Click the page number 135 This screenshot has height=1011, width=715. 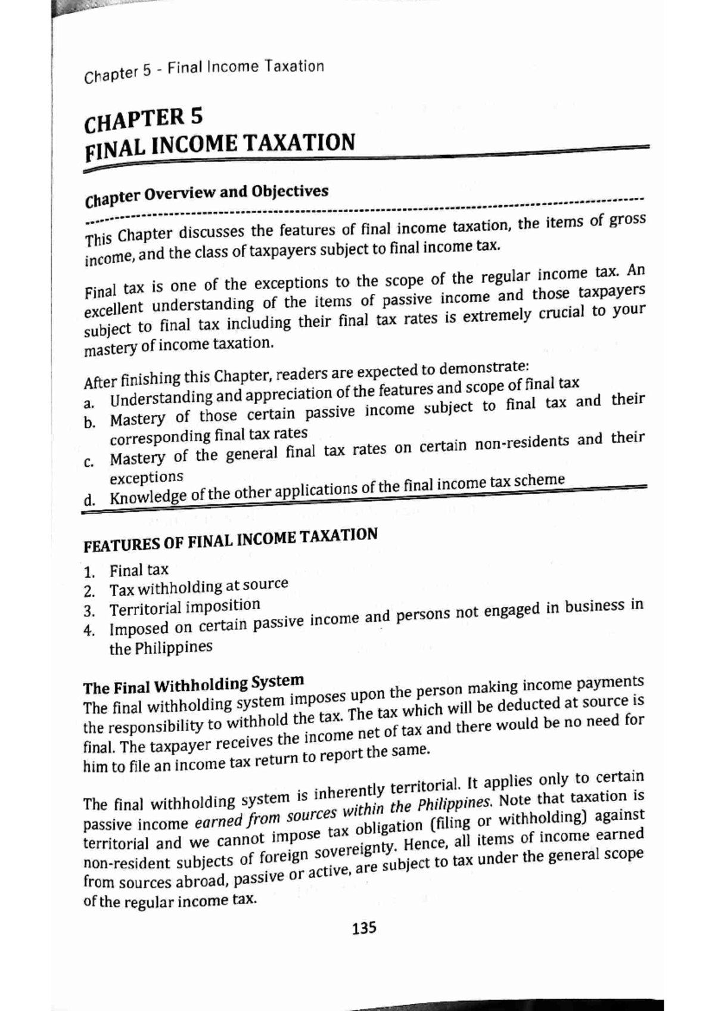click(x=364, y=928)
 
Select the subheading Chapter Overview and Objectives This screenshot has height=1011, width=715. click(x=207, y=196)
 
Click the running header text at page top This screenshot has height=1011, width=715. click(x=204, y=70)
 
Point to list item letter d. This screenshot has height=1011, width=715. click(x=89, y=500)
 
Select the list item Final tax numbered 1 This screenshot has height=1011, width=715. click(x=139, y=570)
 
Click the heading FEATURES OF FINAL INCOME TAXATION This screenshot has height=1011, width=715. click(x=230, y=539)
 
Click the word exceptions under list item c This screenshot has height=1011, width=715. click(x=146, y=477)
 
